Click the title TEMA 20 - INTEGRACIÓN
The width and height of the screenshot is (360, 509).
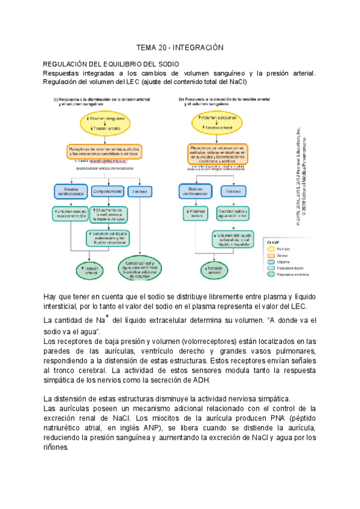pos(179,47)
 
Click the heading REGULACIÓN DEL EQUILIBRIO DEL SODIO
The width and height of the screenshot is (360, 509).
pos(111,64)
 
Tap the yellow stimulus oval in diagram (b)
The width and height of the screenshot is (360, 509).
pos(218,122)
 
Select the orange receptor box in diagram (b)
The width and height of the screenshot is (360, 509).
pos(218,154)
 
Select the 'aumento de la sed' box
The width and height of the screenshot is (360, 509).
pos(109,214)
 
